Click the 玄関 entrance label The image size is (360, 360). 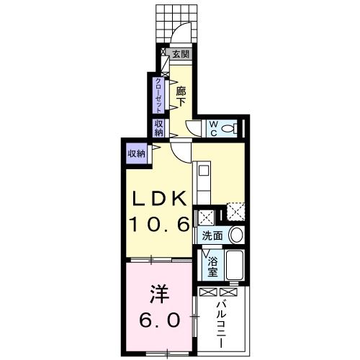[181, 54]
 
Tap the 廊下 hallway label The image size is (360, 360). [181, 96]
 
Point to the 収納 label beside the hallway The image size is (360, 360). [158, 127]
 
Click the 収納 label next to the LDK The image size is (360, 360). [136, 153]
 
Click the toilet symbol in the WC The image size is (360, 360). [230, 128]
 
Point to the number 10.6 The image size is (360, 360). [159, 224]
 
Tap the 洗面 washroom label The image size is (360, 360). [212, 236]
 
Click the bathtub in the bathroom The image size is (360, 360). [235, 267]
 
